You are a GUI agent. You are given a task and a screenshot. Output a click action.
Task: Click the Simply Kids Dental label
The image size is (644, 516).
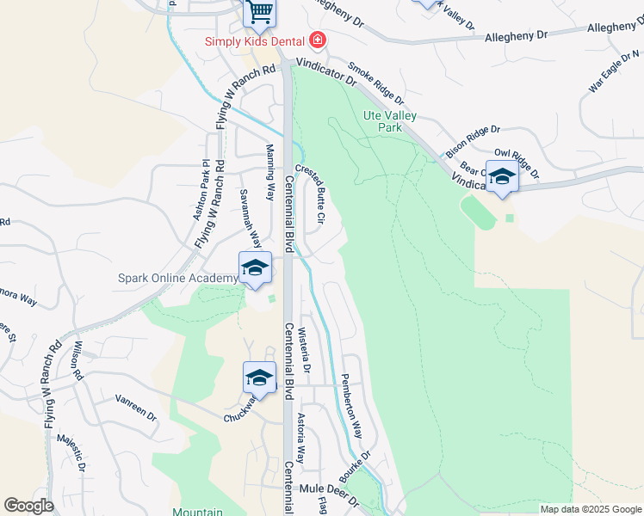coord(255,41)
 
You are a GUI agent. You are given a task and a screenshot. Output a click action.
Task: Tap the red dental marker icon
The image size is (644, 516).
coord(318,40)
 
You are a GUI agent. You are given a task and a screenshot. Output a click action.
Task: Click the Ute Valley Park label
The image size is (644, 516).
coord(390,120)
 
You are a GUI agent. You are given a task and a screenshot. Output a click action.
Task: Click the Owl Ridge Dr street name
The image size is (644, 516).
coord(517,163)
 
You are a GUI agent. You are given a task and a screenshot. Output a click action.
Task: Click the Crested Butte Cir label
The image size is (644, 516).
coord(310,193)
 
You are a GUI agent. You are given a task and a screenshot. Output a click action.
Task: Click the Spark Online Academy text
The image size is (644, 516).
coord(177,279)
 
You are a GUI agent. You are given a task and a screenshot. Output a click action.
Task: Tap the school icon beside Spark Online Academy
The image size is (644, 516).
coord(255,267)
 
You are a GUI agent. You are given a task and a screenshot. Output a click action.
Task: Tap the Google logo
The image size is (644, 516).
coord(28,506)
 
